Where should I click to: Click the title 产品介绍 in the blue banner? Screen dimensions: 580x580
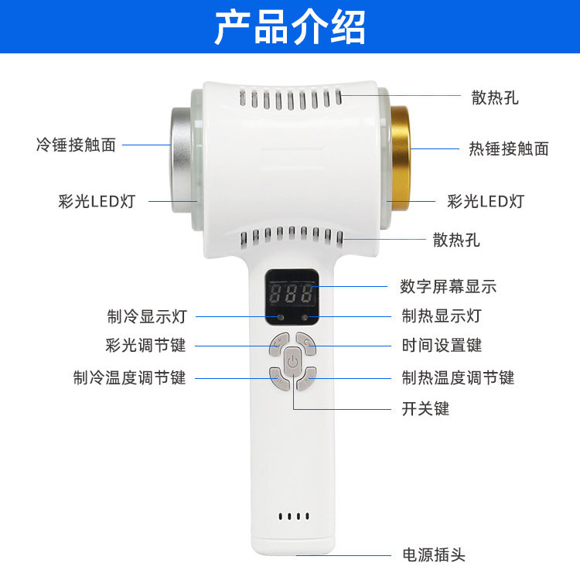tap(290, 27)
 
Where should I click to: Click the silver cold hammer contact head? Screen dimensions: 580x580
tap(182, 160)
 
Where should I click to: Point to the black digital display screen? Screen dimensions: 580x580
tap(292, 297)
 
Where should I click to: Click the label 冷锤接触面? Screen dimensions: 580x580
tap(77, 145)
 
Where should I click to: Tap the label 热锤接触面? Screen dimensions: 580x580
tap(509, 148)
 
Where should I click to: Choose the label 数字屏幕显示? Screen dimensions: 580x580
tap(448, 286)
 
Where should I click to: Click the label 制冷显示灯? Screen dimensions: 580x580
tap(147, 316)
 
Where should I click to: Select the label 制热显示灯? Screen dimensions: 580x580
tap(442, 316)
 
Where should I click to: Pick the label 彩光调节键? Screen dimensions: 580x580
tap(145, 345)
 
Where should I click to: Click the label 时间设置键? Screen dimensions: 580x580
tap(442, 345)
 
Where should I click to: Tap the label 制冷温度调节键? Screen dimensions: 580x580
tap(129, 377)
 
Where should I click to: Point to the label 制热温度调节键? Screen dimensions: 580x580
tap(459, 377)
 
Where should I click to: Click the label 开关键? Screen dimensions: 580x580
tap(425, 408)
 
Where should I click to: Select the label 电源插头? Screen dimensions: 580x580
tap(434, 554)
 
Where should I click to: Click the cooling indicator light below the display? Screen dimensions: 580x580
tap(281, 317)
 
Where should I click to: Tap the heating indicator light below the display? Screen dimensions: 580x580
tap(305, 317)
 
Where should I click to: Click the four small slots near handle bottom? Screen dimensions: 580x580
tap(294, 516)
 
